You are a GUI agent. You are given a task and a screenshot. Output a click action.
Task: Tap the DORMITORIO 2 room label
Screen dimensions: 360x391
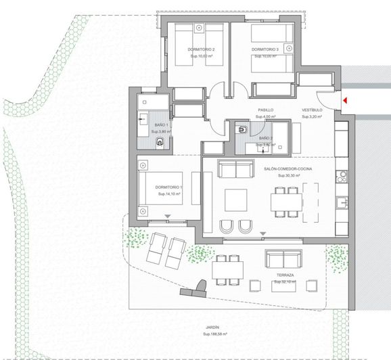(x=202, y=50)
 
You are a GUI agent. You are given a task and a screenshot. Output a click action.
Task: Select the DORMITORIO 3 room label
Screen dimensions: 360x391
(x=265, y=50)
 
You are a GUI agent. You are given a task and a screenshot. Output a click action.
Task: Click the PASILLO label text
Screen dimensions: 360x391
(x=265, y=110)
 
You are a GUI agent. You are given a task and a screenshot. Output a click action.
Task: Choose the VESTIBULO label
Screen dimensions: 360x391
(x=311, y=110)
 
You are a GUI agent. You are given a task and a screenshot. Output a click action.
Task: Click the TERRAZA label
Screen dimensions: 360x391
(x=285, y=275)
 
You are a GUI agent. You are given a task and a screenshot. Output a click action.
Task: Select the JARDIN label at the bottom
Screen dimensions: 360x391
(x=214, y=328)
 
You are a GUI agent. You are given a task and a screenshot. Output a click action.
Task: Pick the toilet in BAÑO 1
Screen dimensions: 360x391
(x=160, y=141)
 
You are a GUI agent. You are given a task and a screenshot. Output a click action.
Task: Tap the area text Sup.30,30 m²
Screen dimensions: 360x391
(x=282, y=175)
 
